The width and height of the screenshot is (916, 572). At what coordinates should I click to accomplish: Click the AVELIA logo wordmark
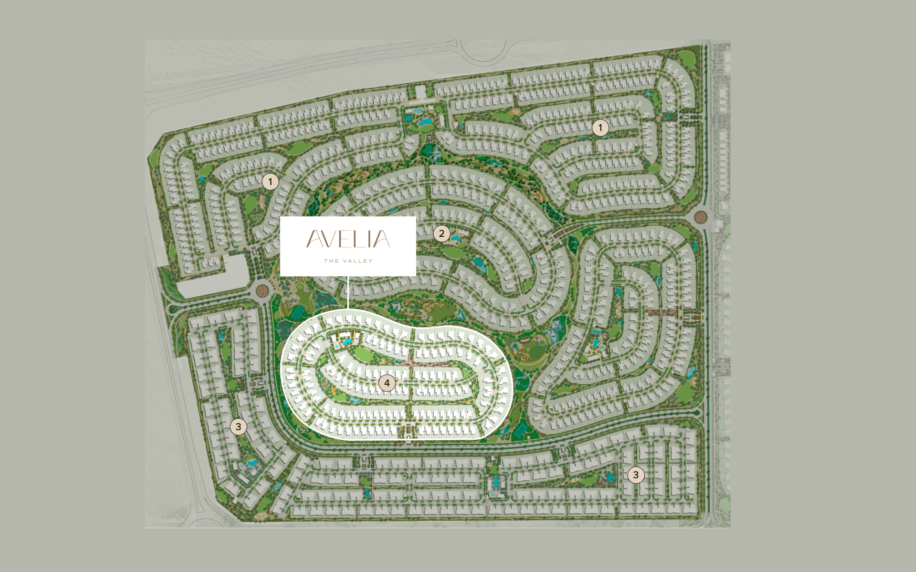[348, 239]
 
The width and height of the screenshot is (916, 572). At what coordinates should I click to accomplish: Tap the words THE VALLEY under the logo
[348, 261]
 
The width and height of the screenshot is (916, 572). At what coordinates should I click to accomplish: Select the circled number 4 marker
[386, 383]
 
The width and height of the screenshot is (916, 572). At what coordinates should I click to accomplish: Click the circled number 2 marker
[441, 233]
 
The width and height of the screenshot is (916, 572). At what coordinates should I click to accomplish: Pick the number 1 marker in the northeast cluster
[600, 128]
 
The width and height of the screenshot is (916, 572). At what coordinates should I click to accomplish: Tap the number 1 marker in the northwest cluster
[270, 182]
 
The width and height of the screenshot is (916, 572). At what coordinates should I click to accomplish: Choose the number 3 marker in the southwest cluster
[238, 427]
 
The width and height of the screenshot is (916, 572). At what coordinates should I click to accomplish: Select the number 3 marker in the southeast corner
[635, 474]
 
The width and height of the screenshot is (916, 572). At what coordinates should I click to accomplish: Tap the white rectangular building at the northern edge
[420, 92]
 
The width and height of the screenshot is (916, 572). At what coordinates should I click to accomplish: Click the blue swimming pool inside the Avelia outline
[346, 341]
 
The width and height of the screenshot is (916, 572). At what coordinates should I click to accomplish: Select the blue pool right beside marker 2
[455, 239]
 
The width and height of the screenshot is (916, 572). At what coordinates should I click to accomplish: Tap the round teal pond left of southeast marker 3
[610, 477]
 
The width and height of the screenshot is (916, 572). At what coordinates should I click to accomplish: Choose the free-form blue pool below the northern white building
[424, 122]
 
